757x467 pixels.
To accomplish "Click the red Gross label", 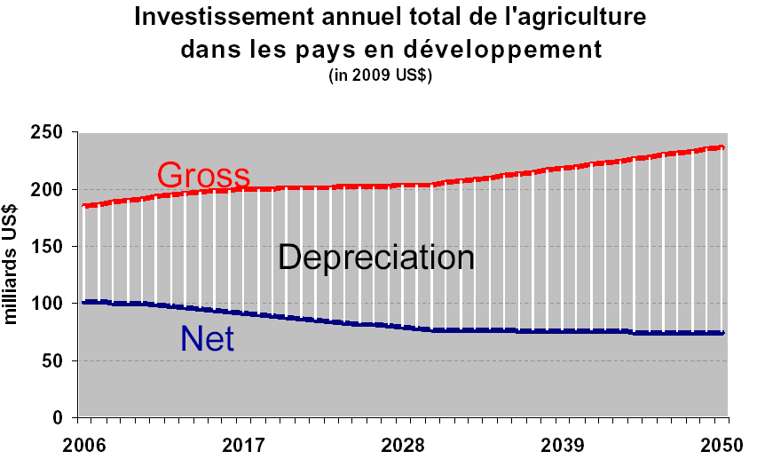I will coord(203,174).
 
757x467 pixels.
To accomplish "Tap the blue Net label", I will coord(207,338).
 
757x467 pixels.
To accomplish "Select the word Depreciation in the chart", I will coord(376,257).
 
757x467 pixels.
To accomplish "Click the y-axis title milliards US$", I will coord(15,275).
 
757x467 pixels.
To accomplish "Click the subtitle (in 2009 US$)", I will coord(380,75).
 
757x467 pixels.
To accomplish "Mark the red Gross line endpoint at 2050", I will coord(722,147).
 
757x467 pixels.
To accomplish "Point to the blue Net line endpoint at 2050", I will coord(722,333).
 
